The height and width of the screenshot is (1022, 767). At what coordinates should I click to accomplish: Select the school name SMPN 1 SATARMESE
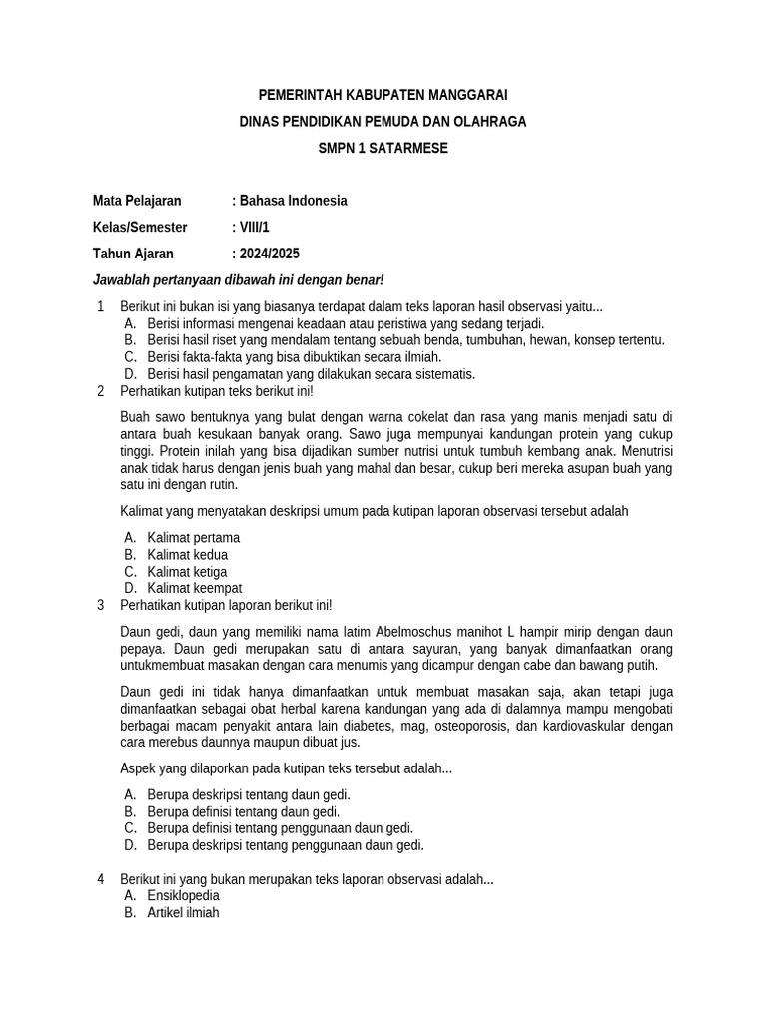click(x=383, y=148)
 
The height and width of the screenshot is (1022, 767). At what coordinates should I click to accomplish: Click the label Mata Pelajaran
click(x=137, y=201)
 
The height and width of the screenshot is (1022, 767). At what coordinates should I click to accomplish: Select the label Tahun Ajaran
click(x=133, y=254)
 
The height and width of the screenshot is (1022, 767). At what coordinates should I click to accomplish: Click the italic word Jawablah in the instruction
click(x=120, y=280)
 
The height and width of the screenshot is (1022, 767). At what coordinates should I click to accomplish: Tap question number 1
click(x=101, y=306)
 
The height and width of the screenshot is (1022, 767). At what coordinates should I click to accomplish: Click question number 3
click(x=101, y=605)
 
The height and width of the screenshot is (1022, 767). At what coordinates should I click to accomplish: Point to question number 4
click(x=101, y=879)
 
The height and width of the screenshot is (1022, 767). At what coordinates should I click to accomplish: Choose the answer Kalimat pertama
click(x=193, y=538)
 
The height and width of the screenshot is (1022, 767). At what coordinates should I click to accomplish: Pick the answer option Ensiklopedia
click(x=183, y=895)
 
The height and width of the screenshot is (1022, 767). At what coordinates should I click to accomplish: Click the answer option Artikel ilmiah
click(x=183, y=912)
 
